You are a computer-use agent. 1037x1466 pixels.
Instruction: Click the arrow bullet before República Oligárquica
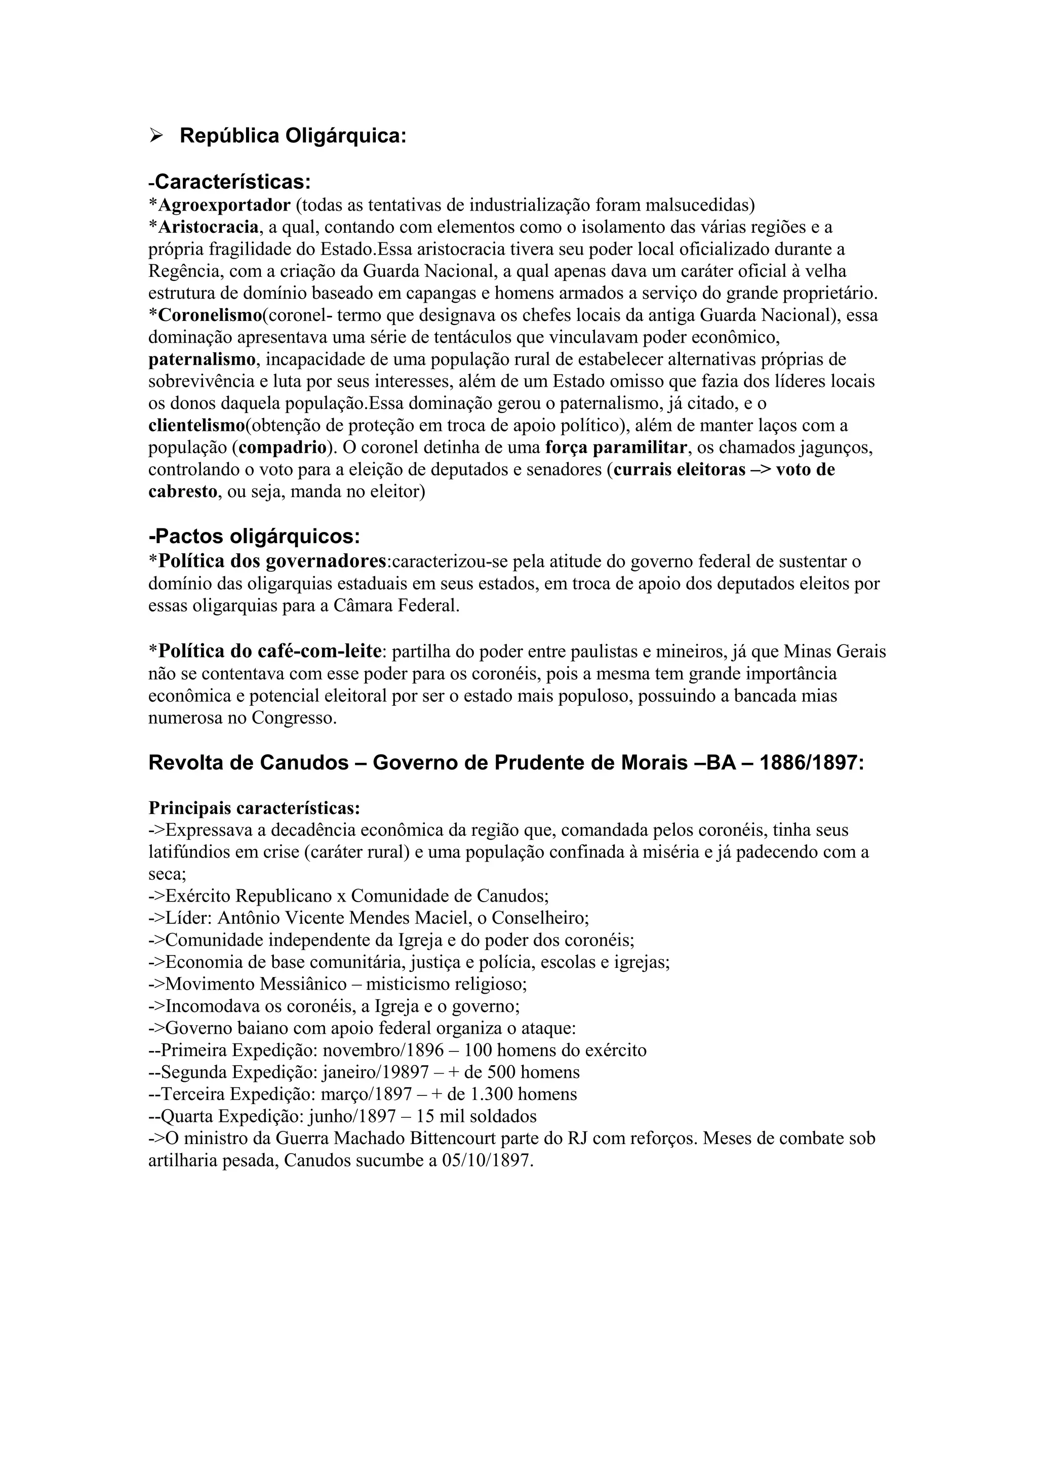(156, 135)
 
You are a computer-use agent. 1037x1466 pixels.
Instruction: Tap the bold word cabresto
(183, 492)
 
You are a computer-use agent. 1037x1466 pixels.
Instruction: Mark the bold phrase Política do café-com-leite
(271, 651)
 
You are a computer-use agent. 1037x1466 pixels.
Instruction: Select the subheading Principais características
(254, 808)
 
